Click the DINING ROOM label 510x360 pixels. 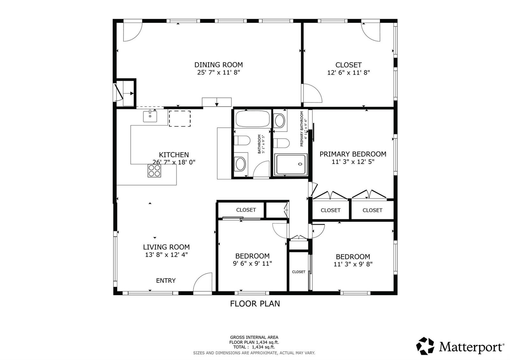219,65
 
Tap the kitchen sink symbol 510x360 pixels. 150,116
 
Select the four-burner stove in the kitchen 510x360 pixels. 154,171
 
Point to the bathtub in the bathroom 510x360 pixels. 252,119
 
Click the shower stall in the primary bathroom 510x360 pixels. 291,164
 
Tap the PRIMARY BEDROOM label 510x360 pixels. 353,154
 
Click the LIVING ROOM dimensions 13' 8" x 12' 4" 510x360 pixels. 166,255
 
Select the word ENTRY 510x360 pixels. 166,281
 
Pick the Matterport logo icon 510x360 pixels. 425,346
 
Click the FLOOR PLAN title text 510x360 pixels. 255,304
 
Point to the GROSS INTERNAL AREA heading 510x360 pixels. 254,337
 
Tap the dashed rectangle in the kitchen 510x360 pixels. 180,119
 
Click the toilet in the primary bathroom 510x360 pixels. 281,143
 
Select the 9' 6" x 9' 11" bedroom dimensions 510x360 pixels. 252,263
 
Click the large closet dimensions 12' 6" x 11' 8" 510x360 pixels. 349,73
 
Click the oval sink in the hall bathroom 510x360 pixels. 240,164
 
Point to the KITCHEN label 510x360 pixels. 174,155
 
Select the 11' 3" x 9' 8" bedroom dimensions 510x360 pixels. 353,264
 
